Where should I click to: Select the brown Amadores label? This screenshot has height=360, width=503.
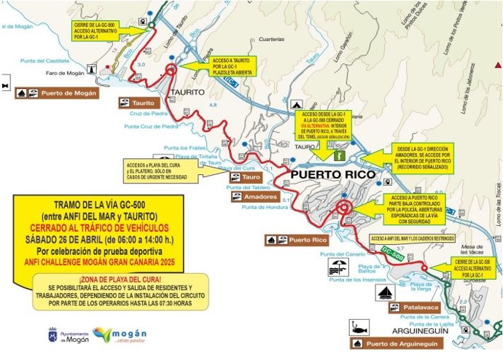(x=254, y=197)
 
